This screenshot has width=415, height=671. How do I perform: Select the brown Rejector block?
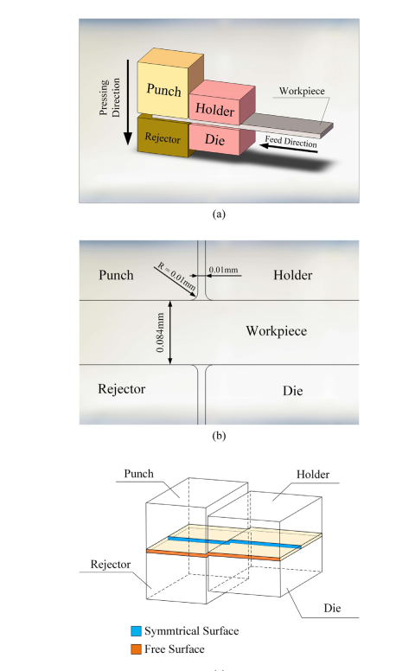(x=163, y=136)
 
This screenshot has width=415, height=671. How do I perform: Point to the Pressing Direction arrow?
(x=128, y=102)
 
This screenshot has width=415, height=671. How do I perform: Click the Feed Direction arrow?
(x=289, y=149)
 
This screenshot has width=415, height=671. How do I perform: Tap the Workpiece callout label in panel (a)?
(x=302, y=91)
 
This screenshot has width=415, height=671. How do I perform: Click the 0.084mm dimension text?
(x=160, y=333)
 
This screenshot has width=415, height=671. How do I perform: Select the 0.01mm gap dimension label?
(x=223, y=270)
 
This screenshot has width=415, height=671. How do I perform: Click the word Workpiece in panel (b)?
(x=277, y=331)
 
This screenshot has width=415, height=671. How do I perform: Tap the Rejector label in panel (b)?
(x=122, y=388)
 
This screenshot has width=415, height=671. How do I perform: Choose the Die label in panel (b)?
(x=292, y=391)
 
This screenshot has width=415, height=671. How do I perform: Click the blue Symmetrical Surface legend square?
(x=136, y=630)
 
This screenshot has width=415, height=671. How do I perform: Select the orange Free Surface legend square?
(x=136, y=649)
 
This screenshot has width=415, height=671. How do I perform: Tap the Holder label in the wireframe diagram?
(x=313, y=474)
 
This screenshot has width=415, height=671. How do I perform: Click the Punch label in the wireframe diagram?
(x=138, y=474)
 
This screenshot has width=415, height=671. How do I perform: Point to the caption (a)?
(x=219, y=214)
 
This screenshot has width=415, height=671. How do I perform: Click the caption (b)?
(x=219, y=436)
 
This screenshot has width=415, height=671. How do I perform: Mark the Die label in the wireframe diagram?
(x=332, y=608)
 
